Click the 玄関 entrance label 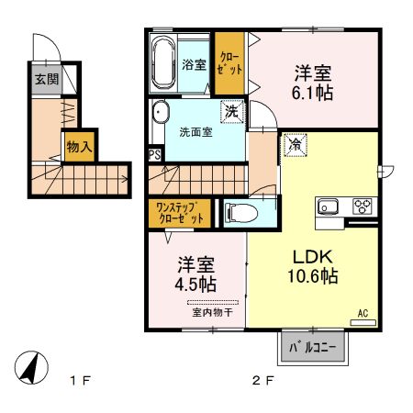47,79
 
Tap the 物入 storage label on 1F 78,145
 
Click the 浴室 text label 194,65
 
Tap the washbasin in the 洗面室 161,114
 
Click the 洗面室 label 195,131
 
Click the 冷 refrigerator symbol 296,143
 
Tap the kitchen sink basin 329,206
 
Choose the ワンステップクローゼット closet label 180,213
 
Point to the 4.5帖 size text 196,285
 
